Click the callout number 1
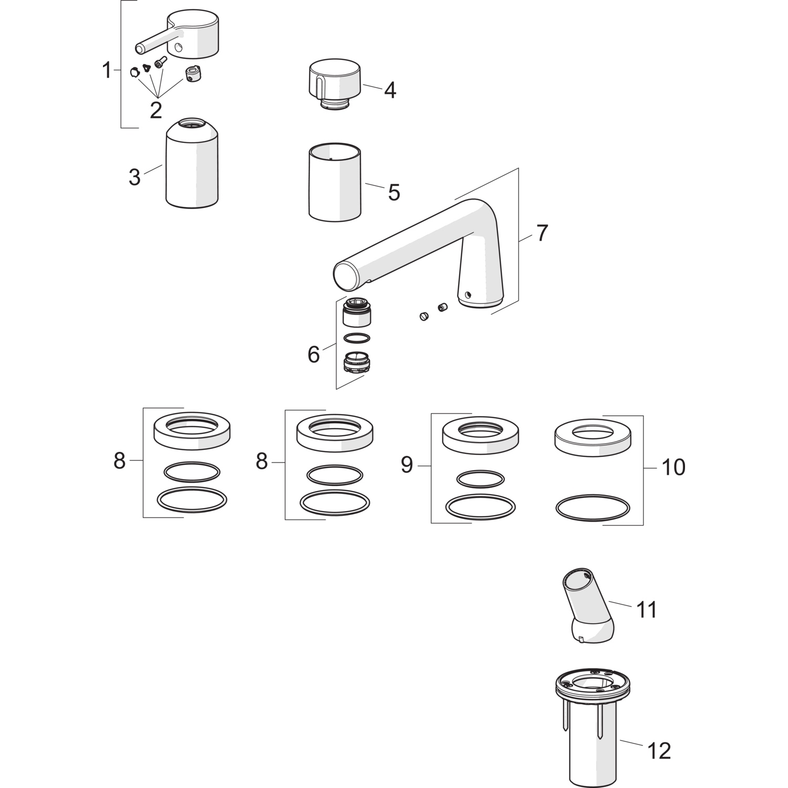click(107, 70)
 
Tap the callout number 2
click(155, 110)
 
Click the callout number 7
click(542, 233)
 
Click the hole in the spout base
click(468, 295)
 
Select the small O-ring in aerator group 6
click(356, 338)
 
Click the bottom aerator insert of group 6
click(355, 362)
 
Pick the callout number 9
click(407, 465)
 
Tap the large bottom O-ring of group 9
click(480, 505)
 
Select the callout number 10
click(673, 467)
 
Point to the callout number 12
click(659, 751)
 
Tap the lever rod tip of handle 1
click(140, 49)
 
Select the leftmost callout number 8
click(120, 461)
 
